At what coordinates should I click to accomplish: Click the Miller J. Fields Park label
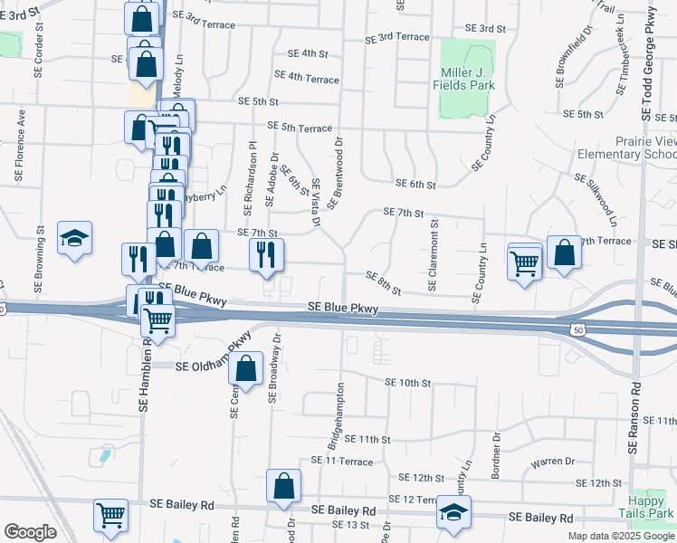click(468, 78)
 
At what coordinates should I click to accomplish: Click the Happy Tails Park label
click(653, 507)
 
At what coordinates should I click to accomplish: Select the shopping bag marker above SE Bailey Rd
click(284, 487)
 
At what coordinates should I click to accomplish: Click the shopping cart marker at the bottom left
click(111, 516)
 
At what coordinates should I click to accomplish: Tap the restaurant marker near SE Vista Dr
click(266, 255)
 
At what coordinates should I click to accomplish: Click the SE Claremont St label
click(434, 255)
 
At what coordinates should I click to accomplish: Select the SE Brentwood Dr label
click(335, 173)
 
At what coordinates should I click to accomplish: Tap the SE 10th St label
click(407, 383)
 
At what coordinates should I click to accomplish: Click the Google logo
click(30, 532)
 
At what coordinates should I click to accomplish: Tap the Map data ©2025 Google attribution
click(621, 536)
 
